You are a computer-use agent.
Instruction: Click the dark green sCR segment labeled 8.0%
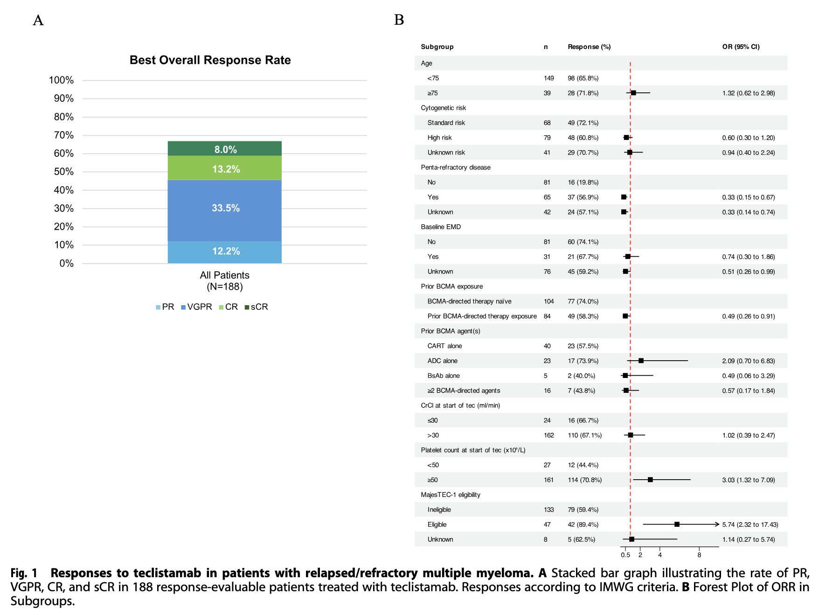coord(225,148)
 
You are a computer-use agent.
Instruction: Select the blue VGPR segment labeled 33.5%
coord(225,210)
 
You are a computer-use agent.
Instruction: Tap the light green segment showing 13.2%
coord(225,168)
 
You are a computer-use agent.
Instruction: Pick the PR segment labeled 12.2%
coord(225,252)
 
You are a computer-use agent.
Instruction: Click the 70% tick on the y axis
coord(64,135)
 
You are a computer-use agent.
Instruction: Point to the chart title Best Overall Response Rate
coord(210,60)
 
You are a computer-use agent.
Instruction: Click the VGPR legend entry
coord(196,307)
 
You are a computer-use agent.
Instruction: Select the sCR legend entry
coord(257,307)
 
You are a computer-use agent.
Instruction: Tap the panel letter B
coord(399,20)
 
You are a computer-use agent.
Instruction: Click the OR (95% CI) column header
coord(741,47)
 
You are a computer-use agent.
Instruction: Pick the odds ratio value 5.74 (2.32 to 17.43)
coord(750,524)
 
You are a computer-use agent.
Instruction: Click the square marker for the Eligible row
coord(677,524)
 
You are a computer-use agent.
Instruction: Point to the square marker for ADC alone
coord(641,361)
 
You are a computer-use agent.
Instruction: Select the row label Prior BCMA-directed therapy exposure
coord(482,316)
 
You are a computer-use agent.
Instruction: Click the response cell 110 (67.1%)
coord(584,435)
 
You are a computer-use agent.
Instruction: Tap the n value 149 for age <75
coord(548,78)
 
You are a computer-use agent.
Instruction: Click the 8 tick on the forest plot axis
coord(699,555)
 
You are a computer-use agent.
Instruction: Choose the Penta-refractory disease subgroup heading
coord(456,168)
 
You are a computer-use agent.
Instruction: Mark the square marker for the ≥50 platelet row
coord(650,480)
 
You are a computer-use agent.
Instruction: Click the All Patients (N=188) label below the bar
coord(225,281)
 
